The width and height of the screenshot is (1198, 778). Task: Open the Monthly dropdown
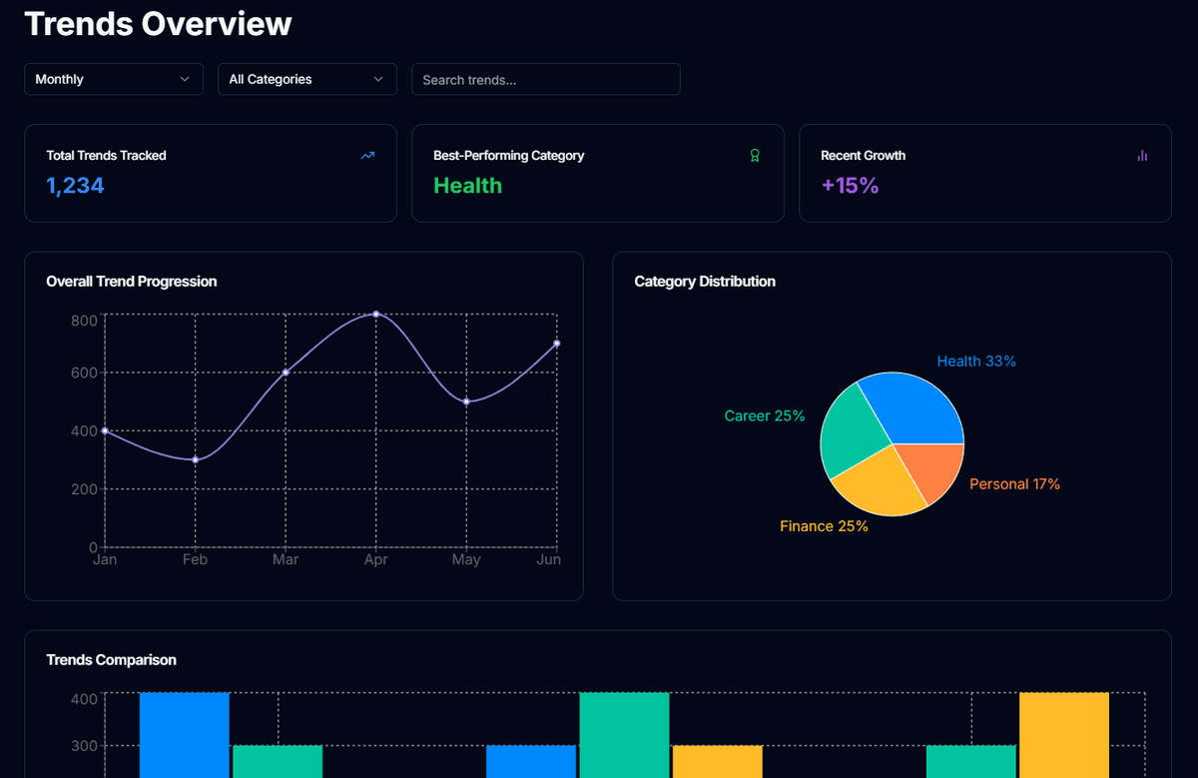pyautogui.click(x=113, y=79)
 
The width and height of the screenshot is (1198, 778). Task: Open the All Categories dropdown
pyautogui.click(x=306, y=79)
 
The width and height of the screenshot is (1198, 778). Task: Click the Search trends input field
pyautogui.click(x=545, y=79)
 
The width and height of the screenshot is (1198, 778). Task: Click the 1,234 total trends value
pyautogui.click(x=75, y=185)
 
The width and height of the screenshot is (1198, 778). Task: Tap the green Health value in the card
pyautogui.click(x=467, y=185)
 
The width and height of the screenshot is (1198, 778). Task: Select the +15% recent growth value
pyautogui.click(x=850, y=185)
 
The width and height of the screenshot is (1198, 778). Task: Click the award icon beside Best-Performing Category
pyautogui.click(x=755, y=155)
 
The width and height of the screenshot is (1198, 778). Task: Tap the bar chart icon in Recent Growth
pyautogui.click(x=1142, y=155)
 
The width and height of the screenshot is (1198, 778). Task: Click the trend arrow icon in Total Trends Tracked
pyautogui.click(x=367, y=155)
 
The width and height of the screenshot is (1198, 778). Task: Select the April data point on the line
pyautogui.click(x=376, y=315)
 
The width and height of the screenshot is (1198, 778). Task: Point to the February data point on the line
pyautogui.click(x=196, y=459)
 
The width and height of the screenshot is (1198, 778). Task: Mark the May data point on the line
pyautogui.click(x=466, y=401)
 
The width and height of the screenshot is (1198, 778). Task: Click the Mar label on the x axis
pyautogui.click(x=286, y=559)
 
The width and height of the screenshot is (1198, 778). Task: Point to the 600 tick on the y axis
pyautogui.click(x=84, y=373)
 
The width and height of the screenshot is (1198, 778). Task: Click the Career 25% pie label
pyautogui.click(x=765, y=415)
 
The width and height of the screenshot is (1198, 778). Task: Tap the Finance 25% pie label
pyautogui.click(x=824, y=526)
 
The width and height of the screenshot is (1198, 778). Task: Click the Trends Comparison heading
pyautogui.click(x=111, y=660)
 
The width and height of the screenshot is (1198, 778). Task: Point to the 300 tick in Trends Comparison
pyautogui.click(x=84, y=745)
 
